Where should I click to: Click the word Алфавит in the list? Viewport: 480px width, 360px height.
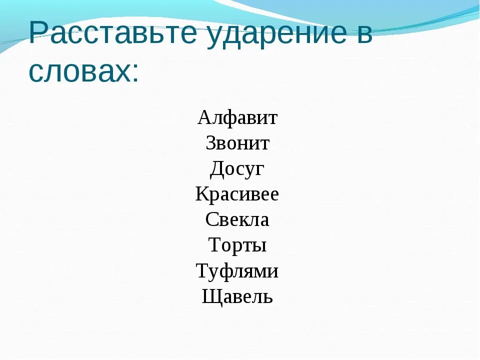pyautogui.click(x=237, y=118)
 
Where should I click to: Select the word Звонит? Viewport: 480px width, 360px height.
pyautogui.click(x=237, y=144)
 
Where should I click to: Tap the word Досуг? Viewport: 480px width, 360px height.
pyautogui.click(x=237, y=170)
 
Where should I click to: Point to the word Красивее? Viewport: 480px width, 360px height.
pyautogui.click(x=237, y=194)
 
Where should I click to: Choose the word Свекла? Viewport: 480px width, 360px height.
pyautogui.click(x=237, y=220)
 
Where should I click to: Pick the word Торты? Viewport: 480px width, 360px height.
pyautogui.click(x=237, y=245)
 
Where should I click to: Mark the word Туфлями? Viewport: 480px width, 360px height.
pyautogui.click(x=237, y=271)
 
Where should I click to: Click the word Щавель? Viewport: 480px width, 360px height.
pyautogui.click(x=237, y=297)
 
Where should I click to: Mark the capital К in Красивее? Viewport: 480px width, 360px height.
pyautogui.click(x=202, y=194)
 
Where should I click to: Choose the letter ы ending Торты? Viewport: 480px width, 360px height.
pyautogui.click(x=258, y=246)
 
